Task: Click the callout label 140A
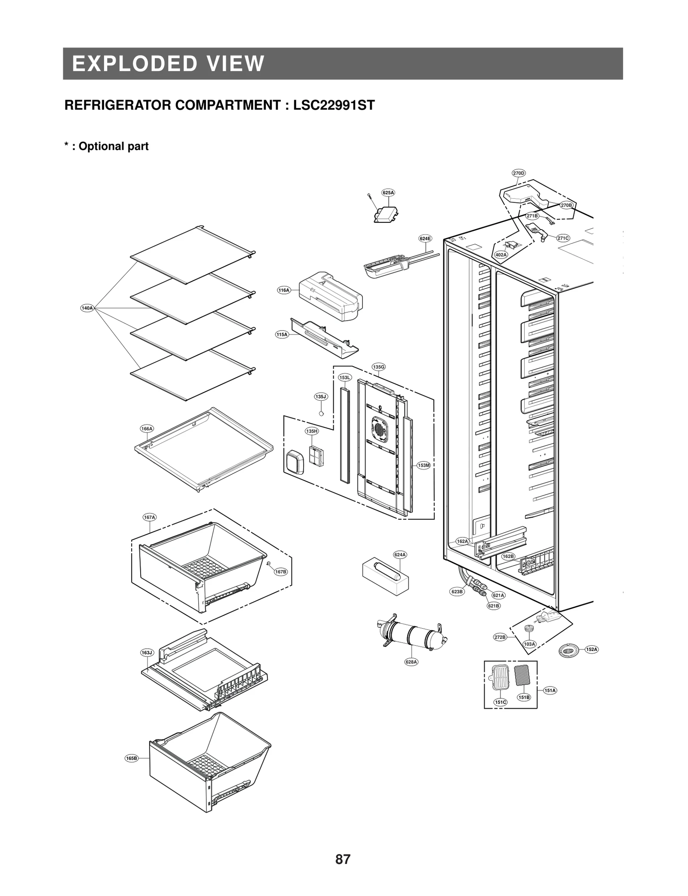coord(87,308)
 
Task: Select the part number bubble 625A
coord(388,193)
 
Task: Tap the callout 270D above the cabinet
coord(519,173)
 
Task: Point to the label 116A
coord(283,290)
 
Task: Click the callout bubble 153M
coord(424,465)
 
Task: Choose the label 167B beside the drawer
coord(281,571)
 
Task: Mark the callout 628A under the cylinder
coord(412,662)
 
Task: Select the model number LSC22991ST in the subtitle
coord(334,105)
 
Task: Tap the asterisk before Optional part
coord(67,145)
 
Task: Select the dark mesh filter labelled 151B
coord(522,676)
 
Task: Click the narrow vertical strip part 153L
coord(344,434)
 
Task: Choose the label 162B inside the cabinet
coord(508,556)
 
